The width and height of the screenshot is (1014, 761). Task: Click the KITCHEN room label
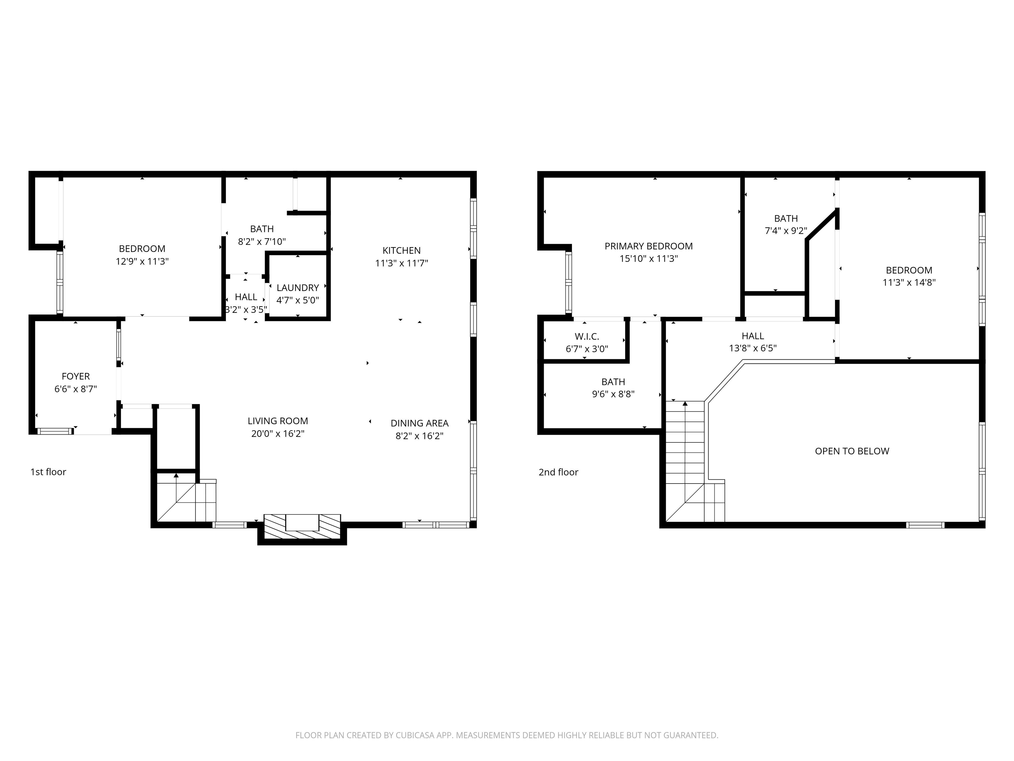tap(402, 250)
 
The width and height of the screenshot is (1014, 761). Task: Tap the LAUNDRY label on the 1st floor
tap(297, 288)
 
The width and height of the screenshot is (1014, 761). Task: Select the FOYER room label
tap(76, 376)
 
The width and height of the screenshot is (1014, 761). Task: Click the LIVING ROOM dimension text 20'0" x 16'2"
tap(278, 433)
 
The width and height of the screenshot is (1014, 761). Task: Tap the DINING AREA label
tap(420, 423)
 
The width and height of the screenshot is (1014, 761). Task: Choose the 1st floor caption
tap(48, 472)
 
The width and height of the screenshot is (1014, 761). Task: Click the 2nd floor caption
tap(558, 472)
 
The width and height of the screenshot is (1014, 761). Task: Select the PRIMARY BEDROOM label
tap(648, 246)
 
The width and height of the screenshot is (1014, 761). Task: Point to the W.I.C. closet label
tap(587, 337)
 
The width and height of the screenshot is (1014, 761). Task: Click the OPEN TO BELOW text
tap(852, 451)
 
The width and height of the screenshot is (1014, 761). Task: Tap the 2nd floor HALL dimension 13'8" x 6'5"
tap(753, 348)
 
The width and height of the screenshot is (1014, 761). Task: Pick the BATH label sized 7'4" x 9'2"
tap(786, 218)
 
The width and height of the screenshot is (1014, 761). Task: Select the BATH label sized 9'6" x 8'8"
tap(613, 381)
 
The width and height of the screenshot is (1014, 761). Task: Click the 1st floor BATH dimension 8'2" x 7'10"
tap(262, 241)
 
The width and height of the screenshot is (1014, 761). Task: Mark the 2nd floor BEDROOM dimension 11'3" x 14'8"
tap(909, 282)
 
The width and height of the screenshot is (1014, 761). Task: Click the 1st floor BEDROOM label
tap(142, 249)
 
